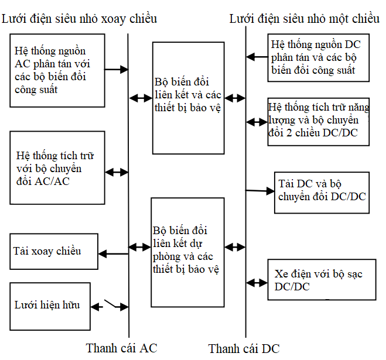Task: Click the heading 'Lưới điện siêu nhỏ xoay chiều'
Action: pos(80,18)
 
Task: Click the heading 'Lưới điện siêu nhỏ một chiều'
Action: pos(304,18)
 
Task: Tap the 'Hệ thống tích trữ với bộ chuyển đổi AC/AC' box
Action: pos(57,167)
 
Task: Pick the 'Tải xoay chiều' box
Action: pos(54,252)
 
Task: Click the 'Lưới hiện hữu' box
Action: pos(53,305)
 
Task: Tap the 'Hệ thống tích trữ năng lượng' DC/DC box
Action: pos(318,122)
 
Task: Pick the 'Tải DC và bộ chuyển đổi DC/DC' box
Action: pos(322,190)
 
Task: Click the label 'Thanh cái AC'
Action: pos(121,348)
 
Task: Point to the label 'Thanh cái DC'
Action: pos(244,349)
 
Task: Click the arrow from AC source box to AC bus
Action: pos(116,70)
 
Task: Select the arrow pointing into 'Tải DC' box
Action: pos(259,190)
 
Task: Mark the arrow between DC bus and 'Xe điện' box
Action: pos(257,283)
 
